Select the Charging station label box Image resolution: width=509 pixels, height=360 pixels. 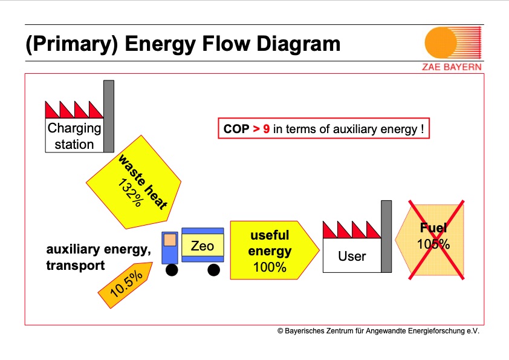[74, 136]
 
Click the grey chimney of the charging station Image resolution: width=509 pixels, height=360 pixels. [109, 116]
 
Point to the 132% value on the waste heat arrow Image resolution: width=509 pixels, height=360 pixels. [129, 193]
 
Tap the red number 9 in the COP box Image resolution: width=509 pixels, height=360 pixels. [267, 129]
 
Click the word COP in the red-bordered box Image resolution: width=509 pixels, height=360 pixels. [236, 129]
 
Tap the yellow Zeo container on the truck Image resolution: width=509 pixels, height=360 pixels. [203, 246]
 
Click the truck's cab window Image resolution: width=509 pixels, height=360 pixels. [170, 240]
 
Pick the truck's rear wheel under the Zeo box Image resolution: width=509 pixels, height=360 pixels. [213, 270]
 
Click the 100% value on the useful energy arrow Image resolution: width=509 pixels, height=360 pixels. [270, 267]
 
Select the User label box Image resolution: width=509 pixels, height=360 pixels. [351, 256]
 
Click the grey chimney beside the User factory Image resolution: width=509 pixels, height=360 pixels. [386, 237]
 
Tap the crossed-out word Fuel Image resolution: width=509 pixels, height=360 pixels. [433, 228]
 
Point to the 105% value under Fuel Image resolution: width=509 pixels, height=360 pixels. [433, 244]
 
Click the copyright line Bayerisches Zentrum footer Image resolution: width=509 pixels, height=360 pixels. [378, 331]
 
